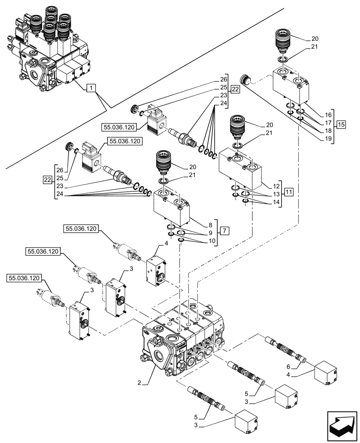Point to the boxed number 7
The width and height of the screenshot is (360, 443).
pyautogui.click(x=225, y=230)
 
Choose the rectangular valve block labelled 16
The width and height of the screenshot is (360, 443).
pyautogui.click(x=292, y=84)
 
